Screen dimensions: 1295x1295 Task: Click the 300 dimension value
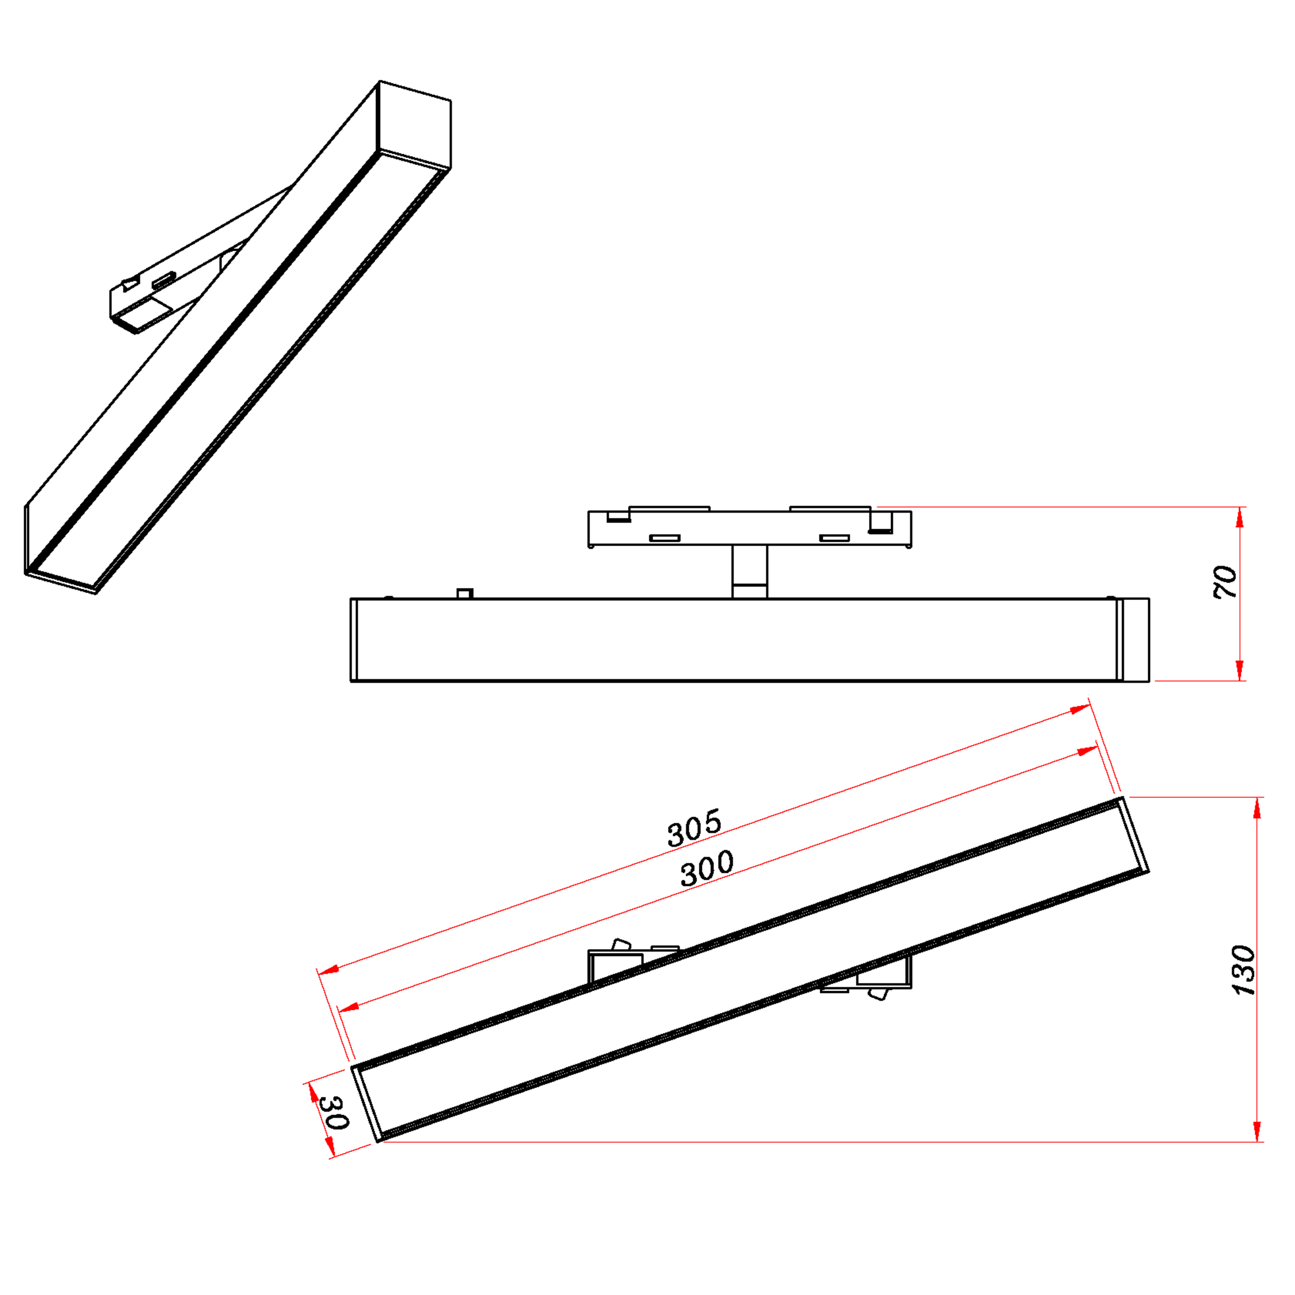tap(707, 869)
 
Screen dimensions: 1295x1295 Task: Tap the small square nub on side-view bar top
tap(464, 593)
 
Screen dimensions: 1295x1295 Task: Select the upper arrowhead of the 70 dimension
tap(1239, 518)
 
